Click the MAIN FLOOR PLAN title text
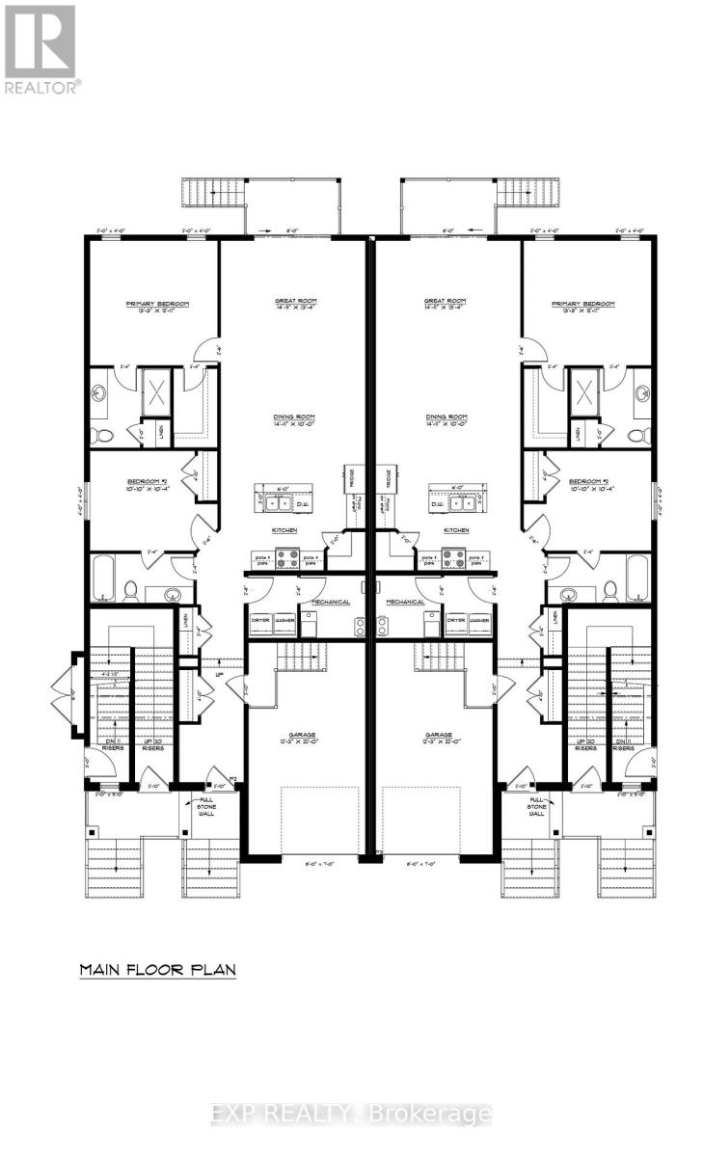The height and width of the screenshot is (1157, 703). [157, 969]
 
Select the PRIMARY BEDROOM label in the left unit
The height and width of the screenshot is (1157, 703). [157, 308]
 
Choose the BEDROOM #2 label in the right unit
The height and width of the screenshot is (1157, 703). [587, 484]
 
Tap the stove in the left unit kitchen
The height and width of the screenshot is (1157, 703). [287, 557]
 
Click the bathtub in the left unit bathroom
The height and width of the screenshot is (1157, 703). [105, 578]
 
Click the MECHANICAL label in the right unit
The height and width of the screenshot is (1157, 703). [406, 601]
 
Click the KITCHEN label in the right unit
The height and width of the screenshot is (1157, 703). [456, 531]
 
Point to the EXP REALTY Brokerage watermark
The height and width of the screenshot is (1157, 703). [351, 1115]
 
